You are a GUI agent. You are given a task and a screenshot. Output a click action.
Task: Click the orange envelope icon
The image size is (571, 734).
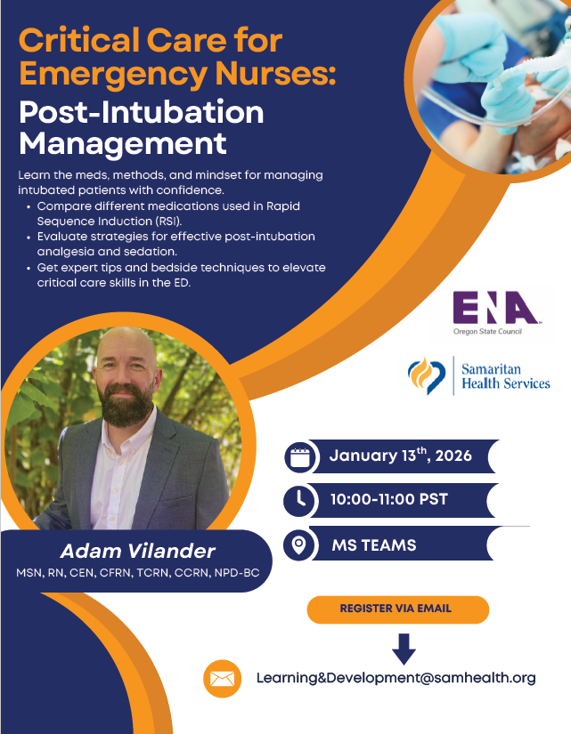pyautogui.click(x=222, y=679)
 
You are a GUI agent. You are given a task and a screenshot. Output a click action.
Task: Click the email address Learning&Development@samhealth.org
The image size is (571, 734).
pyautogui.click(x=396, y=678)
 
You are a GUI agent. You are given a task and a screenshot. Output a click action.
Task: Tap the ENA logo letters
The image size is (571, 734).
pyautogui.click(x=495, y=309)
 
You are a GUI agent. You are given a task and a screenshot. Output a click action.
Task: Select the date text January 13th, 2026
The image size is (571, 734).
pyautogui.click(x=400, y=457)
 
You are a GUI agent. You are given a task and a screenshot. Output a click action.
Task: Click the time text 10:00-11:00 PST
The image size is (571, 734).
pyautogui.click(x=388, y=500)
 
